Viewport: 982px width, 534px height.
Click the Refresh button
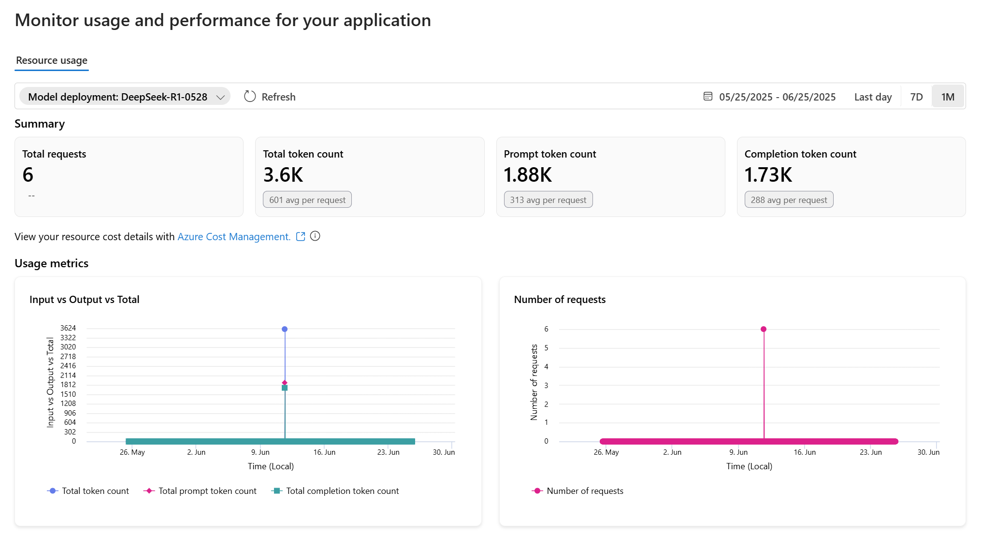[270, 97]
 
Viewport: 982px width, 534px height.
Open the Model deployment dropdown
[125, 97]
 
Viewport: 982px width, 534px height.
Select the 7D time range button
[916, 97]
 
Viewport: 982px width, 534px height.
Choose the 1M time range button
[947, 97]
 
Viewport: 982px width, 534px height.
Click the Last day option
[872, 97]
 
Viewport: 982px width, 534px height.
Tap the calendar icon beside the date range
[708, 97]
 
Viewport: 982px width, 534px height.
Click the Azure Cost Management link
[234, 237]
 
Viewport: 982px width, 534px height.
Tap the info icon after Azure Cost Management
[315, 236]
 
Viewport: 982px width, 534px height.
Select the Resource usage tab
[52, 60]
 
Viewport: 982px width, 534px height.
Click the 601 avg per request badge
[307, 200]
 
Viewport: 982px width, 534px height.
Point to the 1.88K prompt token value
[528, 175]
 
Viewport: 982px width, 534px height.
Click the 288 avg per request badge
[789, 200]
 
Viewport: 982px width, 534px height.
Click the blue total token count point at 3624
[285, 329]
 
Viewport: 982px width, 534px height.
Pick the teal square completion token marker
[285, 388]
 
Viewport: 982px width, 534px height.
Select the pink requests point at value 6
[764, 329]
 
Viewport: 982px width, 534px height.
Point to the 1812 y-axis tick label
[68, 385]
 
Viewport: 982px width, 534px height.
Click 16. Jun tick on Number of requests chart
[805, 452]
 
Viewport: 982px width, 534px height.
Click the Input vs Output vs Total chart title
[85, 300]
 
